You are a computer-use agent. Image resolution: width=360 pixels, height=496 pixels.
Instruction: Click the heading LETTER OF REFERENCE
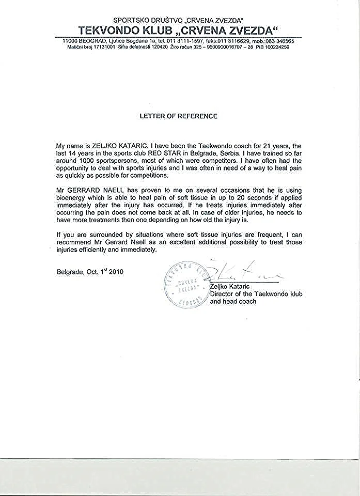(x=179, y=116)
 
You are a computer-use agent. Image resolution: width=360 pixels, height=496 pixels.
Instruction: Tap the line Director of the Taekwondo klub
(x=256, y=293)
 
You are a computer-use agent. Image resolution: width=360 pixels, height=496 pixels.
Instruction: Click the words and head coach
(x=233, y=301)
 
